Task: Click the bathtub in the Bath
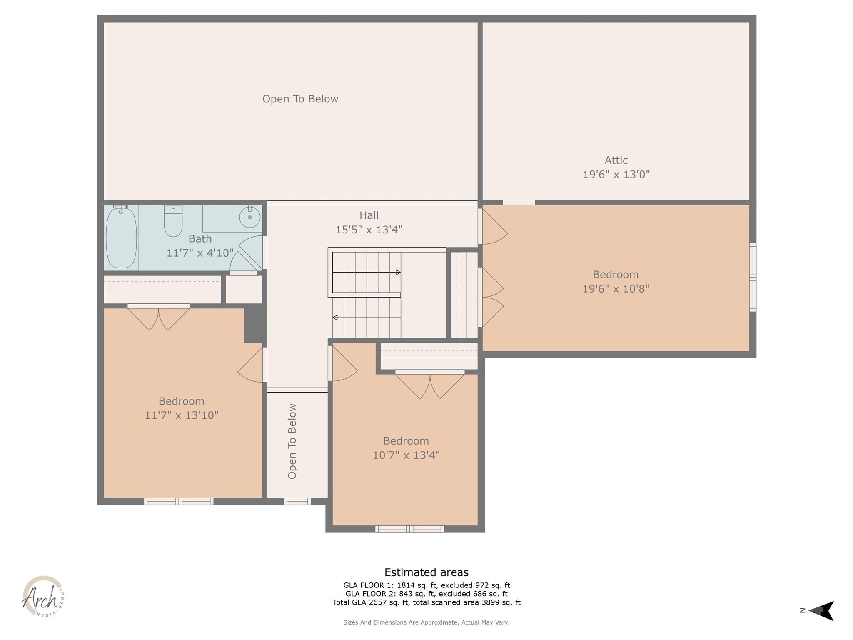tap(121, 237)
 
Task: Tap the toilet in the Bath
tap(173, 221)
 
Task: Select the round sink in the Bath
tap(250, 217)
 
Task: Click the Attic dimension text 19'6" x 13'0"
tap(616, 174)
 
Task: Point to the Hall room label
tap(369, 215)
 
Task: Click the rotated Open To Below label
tap(292, 441)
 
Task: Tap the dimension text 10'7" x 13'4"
tap(406, 455)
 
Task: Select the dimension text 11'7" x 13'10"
tap(182, 415)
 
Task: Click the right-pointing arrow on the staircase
tap(398, 272)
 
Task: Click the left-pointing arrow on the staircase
tap(335, 318)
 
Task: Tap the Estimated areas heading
tap(426, 572)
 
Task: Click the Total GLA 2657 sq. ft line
tap(426, 602)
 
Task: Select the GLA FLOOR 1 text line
tap(426, 585)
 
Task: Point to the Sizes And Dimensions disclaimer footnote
tap(426, 622)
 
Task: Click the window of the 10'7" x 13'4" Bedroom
tap(409, 529)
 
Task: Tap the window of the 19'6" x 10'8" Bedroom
tap(753, 277)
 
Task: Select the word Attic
tap(616, 160)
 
